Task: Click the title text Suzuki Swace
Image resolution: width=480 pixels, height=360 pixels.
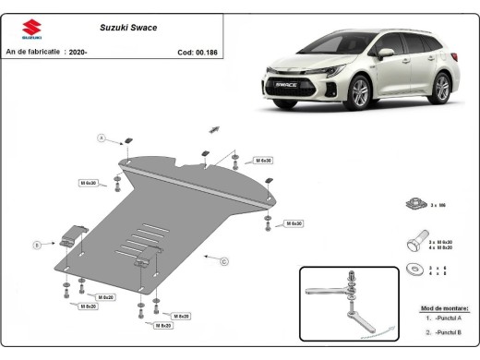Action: pos(126,28)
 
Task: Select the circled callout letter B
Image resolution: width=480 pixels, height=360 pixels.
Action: pos(36,245)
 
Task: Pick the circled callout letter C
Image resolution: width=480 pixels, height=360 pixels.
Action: pos(224,261)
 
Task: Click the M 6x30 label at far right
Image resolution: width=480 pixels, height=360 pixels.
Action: pos(294,223)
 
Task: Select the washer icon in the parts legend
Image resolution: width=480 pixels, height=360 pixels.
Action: pos(412,269)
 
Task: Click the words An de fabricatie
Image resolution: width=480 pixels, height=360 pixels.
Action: pos(30,53)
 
